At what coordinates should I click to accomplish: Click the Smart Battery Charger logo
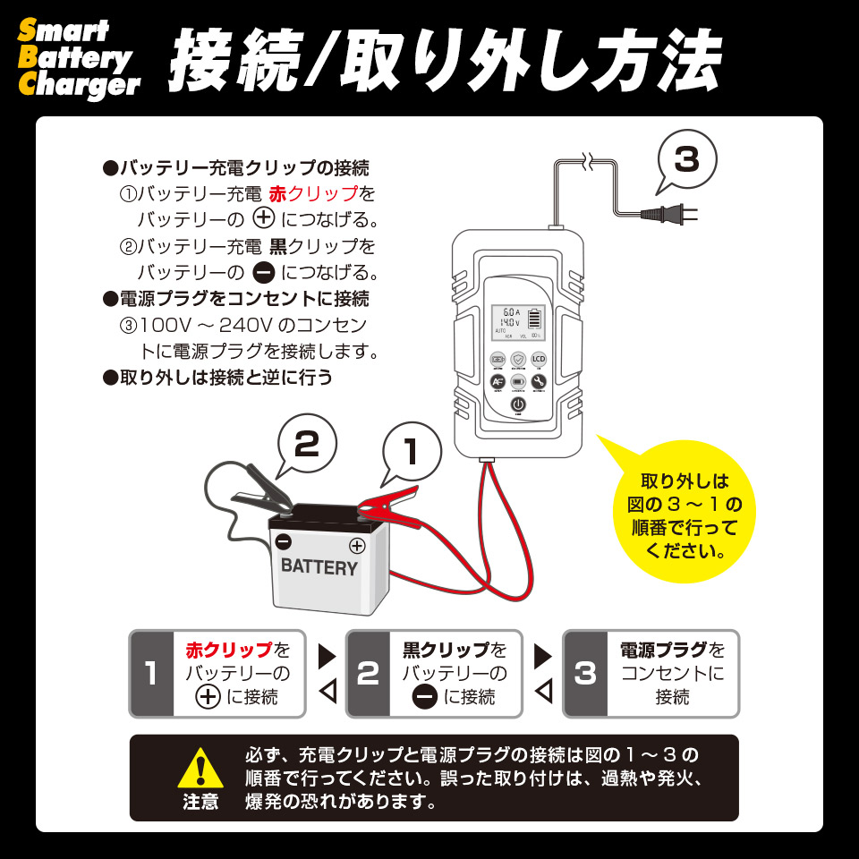coord(79,59)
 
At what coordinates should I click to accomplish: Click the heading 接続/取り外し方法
coord(445,61)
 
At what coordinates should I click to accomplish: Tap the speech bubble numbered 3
coord(686,160)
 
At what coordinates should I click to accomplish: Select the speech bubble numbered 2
coord(307,446)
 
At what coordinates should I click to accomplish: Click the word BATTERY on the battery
coord(319,567)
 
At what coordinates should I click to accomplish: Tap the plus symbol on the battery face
coord(356,545)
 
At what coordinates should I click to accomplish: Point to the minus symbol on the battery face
coord(284,540)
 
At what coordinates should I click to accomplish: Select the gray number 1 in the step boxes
coord(150,673)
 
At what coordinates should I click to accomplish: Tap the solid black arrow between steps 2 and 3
coord(543,656)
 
